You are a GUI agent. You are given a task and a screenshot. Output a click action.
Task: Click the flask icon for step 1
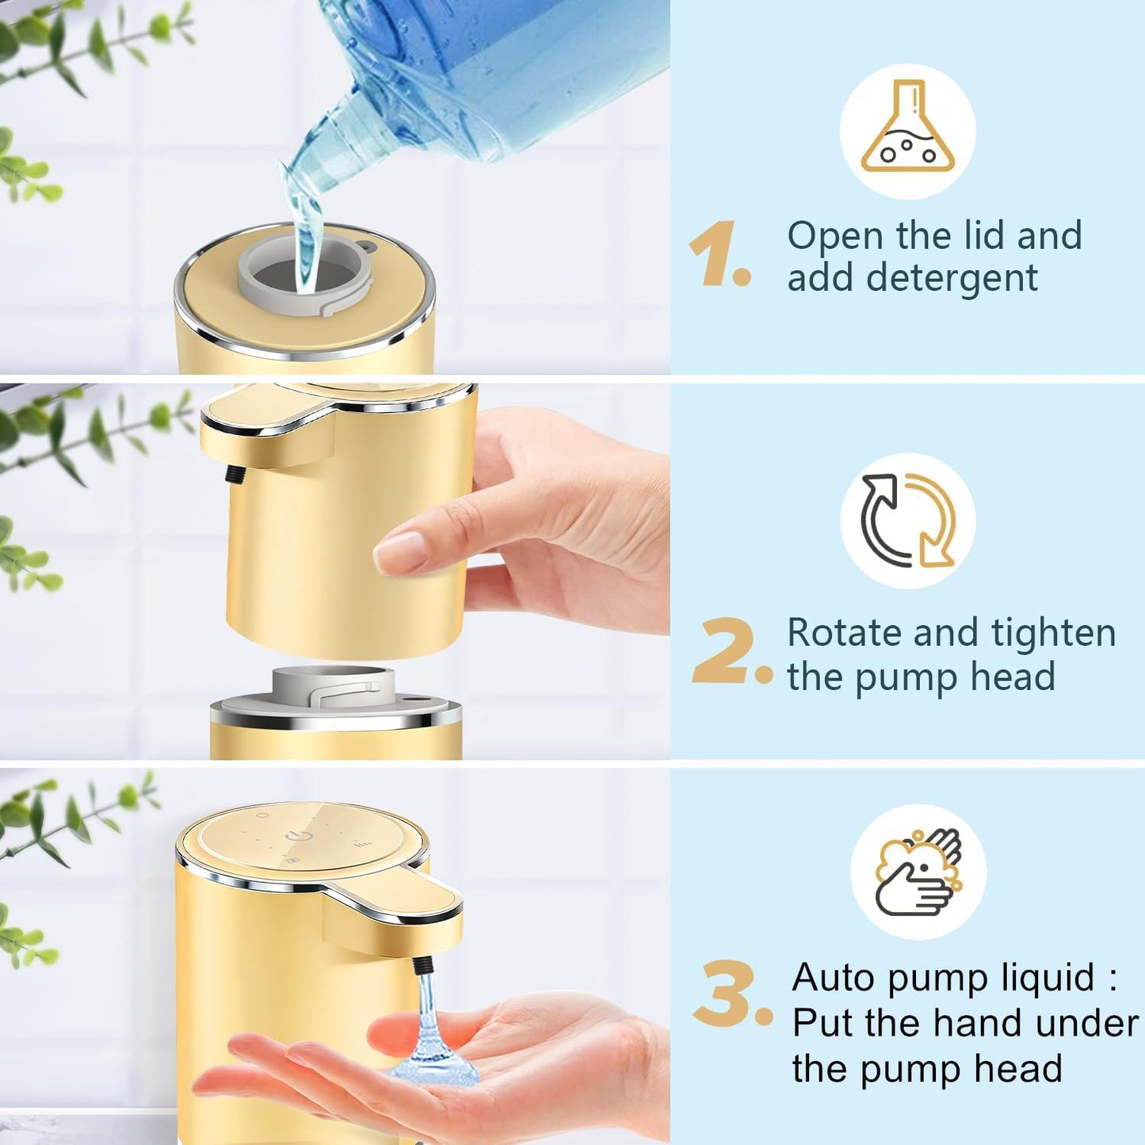click(x=908, y=130)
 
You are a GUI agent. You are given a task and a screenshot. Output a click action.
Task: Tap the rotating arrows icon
click(x=908, y=521)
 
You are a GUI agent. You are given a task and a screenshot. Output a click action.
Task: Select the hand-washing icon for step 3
click(x=918, y=872)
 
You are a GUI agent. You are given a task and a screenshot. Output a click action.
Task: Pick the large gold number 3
click(x=725, y=994)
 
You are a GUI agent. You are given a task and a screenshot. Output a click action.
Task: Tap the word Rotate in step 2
click(x=843, y=633)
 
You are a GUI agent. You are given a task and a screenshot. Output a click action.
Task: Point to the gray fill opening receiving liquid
click(x=306, y=274)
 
